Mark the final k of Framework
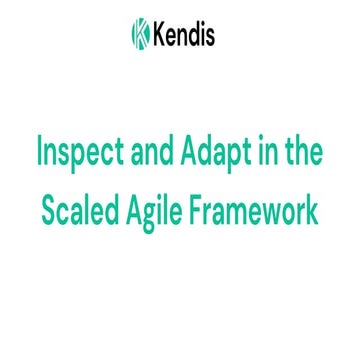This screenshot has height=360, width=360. (317, 211)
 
